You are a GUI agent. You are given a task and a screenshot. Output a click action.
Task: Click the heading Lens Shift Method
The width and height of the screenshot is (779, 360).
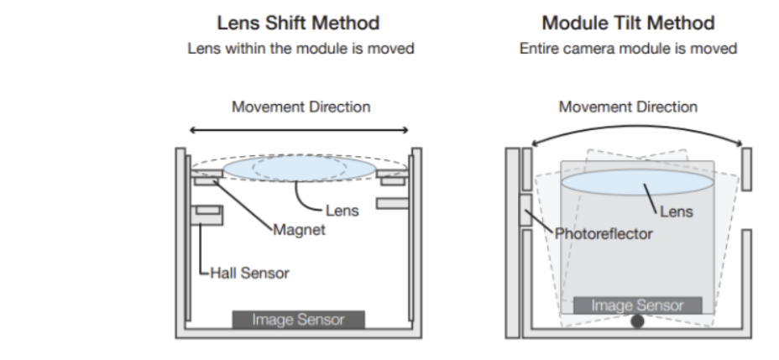pyautogui.click(x=300, y=23)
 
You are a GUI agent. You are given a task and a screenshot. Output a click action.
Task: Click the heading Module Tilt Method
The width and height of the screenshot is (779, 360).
pyautogui.click(x=628, y=23)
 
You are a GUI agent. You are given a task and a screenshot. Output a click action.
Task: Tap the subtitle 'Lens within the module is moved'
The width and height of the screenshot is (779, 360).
pyautogui.click(x=300, y=49)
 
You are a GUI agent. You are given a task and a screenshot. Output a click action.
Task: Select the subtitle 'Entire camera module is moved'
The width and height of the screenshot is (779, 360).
pyautogui.click(x=628, y=49)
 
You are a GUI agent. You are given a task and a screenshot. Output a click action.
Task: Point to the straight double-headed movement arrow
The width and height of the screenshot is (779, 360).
pyautogui.click(x=300, y=130)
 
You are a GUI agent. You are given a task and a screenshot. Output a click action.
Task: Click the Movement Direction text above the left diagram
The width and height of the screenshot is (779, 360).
pyautogui.click(x=300, y=107)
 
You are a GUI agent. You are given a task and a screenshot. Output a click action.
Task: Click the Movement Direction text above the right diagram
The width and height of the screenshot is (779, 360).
pyautogui.click(x=628, y=107)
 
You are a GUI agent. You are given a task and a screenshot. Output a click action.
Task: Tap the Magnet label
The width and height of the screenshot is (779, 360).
pyautogui.click(x=300, y=229)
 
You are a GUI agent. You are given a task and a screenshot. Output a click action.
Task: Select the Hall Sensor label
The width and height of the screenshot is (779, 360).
pyautogui.click(x=248, y=273)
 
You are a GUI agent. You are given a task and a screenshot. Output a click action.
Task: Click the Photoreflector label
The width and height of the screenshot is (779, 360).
pyautogui.click(x=604, y=233)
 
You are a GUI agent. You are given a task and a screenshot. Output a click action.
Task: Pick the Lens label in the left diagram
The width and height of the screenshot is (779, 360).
pyautogui.click(x=342, y=211)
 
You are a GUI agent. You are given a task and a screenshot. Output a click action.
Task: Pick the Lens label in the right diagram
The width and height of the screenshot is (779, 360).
pyautogui.click(x=677, y=212)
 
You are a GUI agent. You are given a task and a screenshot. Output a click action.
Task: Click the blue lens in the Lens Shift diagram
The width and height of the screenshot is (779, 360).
pyautogui.click(x=300, y=167)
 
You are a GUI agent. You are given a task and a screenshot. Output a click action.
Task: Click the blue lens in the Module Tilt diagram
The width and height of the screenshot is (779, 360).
pyautogui.click(x=637, y=182)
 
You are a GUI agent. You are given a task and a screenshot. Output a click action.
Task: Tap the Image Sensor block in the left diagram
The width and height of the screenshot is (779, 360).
pyautogui.click(x=299, y=320)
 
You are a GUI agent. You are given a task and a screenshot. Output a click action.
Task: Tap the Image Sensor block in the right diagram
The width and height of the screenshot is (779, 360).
pyautogui.click(x=637, y=305)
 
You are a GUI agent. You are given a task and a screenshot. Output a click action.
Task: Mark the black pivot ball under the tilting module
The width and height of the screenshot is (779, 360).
pyautogui.click(x=637, y=320)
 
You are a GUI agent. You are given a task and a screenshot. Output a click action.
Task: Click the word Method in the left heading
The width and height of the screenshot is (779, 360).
pyautogui.click(x=346, y=23)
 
